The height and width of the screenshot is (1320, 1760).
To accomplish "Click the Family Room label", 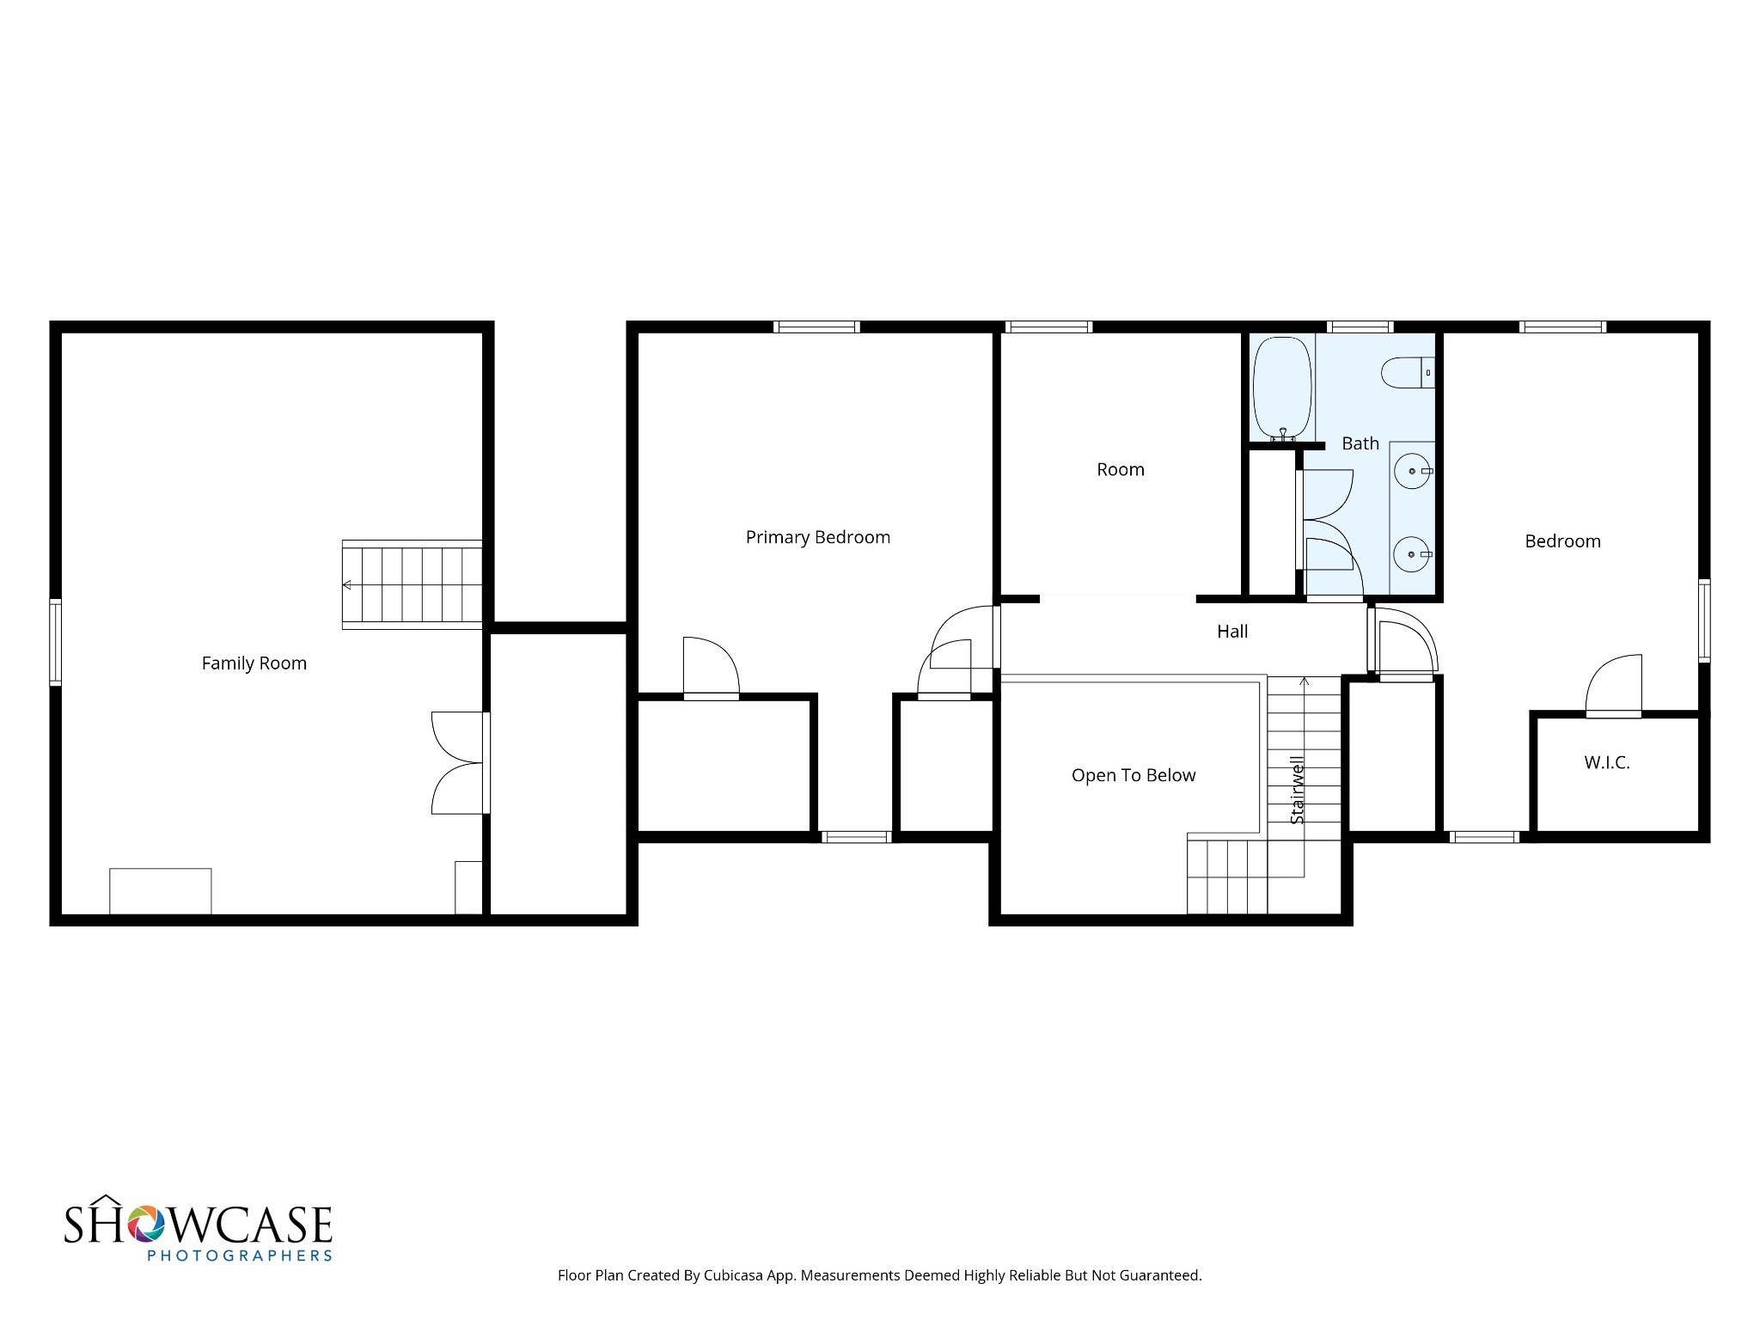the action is [x=254, y=663].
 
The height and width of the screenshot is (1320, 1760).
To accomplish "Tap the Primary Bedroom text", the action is [x=817, y=538].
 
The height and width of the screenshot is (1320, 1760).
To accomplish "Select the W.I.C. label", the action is [x=1607, y=762].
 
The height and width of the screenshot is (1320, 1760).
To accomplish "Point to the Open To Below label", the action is [x=1133, y=776].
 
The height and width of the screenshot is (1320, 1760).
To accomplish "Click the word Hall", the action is [x=1232, y=632].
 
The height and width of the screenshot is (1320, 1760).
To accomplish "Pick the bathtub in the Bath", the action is [x=1282, y=389].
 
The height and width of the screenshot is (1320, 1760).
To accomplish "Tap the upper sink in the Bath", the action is [x=1413, y=471].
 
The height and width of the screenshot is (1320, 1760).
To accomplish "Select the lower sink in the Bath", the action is [x=1413, y=554].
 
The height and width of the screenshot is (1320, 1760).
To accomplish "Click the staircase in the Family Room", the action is [x=412, y=584].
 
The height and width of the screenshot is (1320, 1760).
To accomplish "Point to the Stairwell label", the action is [x=1297, y=790].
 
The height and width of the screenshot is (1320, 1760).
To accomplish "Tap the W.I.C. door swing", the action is [x=1613, y=686].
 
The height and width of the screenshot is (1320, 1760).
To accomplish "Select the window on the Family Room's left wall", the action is [x=55, y=642].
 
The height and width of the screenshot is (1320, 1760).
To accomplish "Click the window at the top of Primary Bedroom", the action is [x=816, y=327].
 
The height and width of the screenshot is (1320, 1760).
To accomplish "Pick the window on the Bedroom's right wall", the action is [x=1703, y=620].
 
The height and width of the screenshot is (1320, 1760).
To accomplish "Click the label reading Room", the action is [x=1121, y=470].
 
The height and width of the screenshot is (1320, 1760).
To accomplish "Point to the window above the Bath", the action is [x=1360, y=327].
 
